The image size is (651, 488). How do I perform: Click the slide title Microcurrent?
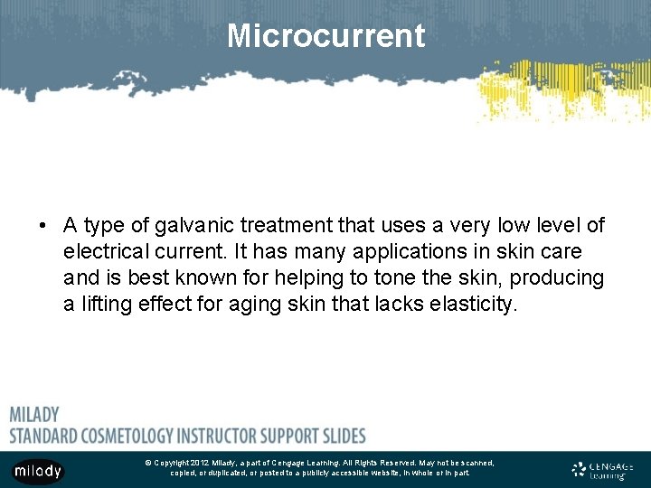coord(325,36)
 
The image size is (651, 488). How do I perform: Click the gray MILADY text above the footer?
coord(34,415)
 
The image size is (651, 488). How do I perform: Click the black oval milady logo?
coord(38,471)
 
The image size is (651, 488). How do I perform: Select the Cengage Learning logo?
coord(603,470)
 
